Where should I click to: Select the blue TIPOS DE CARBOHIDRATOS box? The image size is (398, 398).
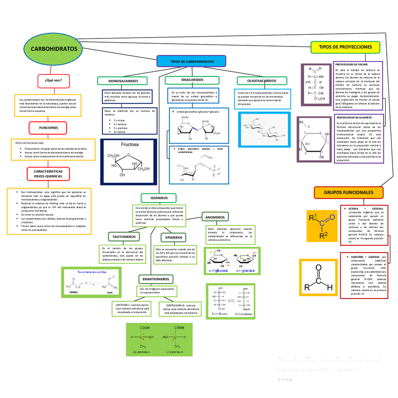click(x=192, y=61)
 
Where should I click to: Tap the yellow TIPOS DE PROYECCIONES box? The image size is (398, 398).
click(x=345, y=47)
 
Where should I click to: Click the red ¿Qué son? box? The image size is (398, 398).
click(x=54, y=80)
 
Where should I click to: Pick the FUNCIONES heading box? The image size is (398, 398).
click(x=49, y=128)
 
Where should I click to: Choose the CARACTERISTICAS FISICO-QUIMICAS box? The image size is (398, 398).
click(x=48, y=174)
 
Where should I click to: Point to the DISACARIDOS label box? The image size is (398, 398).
click(x=192, y=80)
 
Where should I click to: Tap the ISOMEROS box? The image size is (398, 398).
click(x=159, y=198)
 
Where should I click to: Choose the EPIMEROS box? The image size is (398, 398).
click(x=174, y=237)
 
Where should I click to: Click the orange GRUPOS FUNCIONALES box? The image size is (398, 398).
click(x=348, y=192)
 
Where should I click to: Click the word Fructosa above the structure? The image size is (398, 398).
click(x=130, y=145)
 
